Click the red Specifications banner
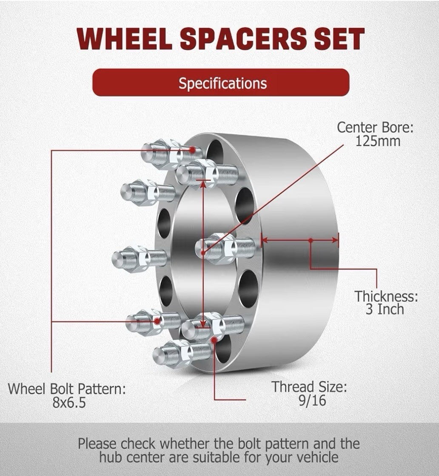pos(221,82)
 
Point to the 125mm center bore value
pos(378,141)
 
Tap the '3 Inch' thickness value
pos(385,309)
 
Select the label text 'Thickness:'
pos(386,295)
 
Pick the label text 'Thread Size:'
pos(310,387)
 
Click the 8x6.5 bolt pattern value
pos(69,402)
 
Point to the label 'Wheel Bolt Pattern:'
pos(67,388)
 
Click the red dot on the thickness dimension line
pos(311,241)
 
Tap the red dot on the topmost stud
pos(194,150)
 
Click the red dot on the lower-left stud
pos(158,321)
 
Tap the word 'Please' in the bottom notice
pos(97,444)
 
